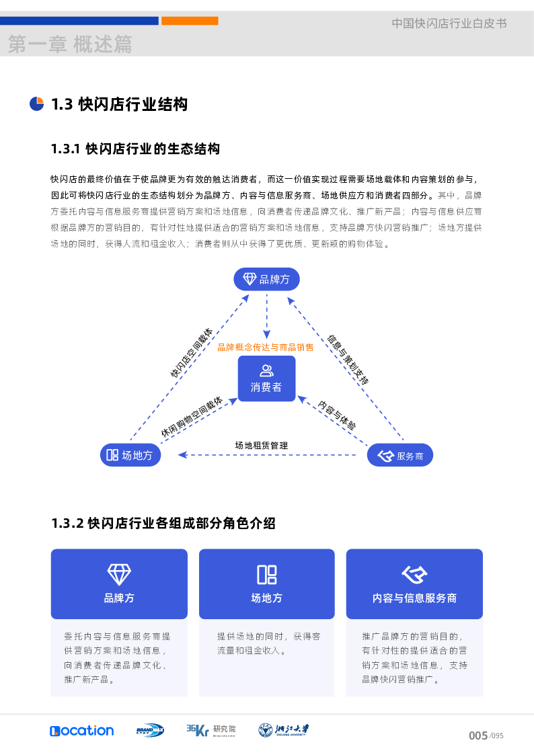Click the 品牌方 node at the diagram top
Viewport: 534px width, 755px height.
[x=266, y=279]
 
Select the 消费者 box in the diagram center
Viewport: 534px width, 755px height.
[x=266, y=379]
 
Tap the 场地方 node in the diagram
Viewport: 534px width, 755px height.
[x=130, y=455]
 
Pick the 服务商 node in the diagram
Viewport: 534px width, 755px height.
[x=400, y=456]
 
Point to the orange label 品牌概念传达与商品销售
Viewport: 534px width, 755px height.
[x=265, y=348]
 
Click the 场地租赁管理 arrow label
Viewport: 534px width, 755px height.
[x=261, y=445]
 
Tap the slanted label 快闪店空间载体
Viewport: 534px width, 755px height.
[x=191, y=353]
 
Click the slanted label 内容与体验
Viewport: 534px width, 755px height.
[x=337, y=416]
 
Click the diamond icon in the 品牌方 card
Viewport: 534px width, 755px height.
[x=119, y=574]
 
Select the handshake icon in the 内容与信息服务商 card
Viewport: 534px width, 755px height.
[x=414, y=574]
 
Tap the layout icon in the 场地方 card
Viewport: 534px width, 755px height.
[x=266, y=574]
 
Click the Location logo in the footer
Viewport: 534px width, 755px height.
[x=81, y=730]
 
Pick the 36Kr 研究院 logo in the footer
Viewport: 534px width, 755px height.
[x=211, y=730]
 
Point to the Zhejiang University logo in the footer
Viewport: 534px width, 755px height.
[x=284, y=730]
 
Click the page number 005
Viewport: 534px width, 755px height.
[x=478, y=736]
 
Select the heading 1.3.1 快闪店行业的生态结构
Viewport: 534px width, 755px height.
[x=135, y=149]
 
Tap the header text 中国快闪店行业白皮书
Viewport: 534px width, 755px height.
[x=449, y=24]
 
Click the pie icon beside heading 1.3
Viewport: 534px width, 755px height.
[x=37, y=104]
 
